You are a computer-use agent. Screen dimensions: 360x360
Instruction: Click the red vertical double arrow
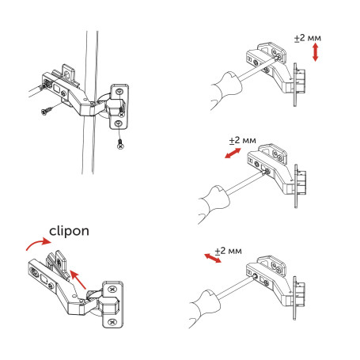tap(316, 54)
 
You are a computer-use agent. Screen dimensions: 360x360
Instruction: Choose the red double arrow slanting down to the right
tap(210, 259)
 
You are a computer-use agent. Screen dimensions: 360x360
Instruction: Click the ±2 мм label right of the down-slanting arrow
tap(229, 251)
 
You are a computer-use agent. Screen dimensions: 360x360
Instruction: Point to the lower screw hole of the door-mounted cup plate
tap(117, 123)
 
